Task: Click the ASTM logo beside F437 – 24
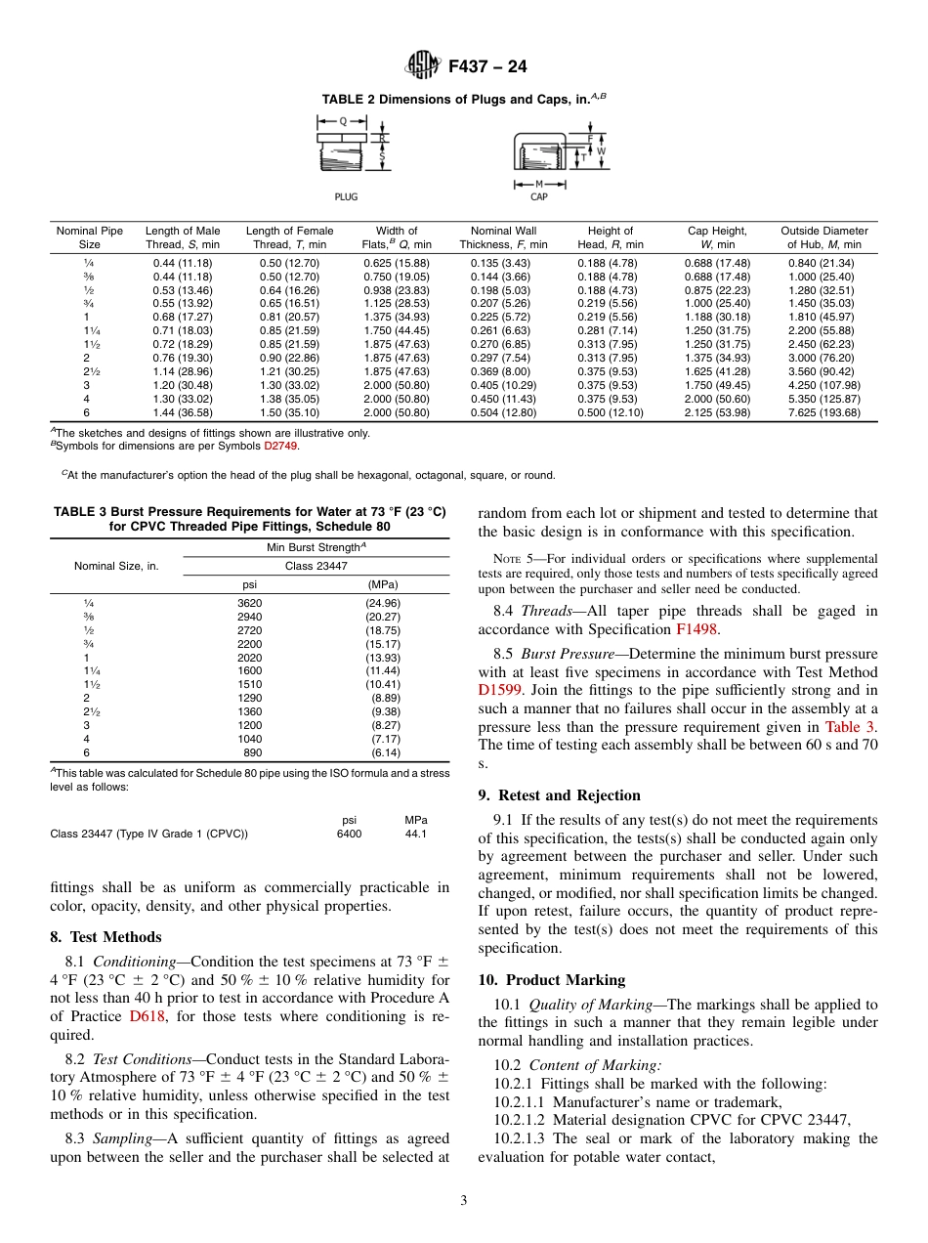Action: tap(422, 67)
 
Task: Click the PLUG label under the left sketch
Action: tap(346, 196)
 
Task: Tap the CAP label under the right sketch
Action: tap(538, 196)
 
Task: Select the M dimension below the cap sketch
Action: tap(538, 183)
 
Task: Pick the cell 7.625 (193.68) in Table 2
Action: tap(824, 413)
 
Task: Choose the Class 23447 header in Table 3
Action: tap(316, 566)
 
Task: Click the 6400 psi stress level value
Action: tap(349, 834)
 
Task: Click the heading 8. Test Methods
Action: tap(105, 937)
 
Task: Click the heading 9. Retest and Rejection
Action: tap(559, 794)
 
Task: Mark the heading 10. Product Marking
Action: tap(551, 980)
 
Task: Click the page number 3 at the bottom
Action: tap(464, 1200)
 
